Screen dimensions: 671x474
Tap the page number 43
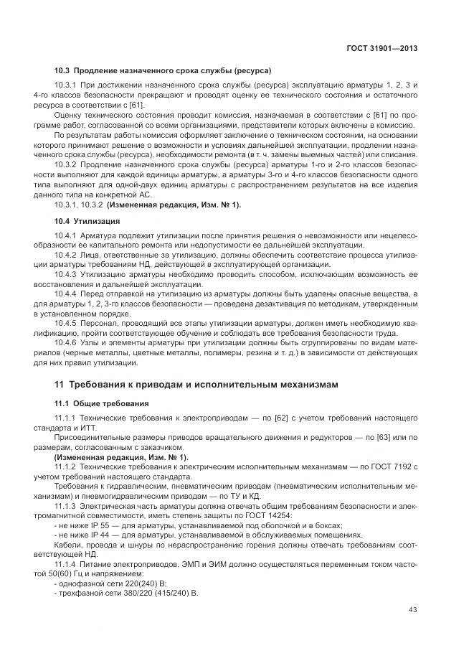pos(413,609)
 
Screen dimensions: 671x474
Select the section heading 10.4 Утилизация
pos(87,221)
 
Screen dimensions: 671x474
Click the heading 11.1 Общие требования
pos(102,403)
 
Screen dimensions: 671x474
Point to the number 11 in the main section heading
pos(60,385)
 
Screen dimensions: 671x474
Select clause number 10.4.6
pos(67,342)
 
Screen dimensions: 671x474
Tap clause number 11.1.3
pos(67,507)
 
